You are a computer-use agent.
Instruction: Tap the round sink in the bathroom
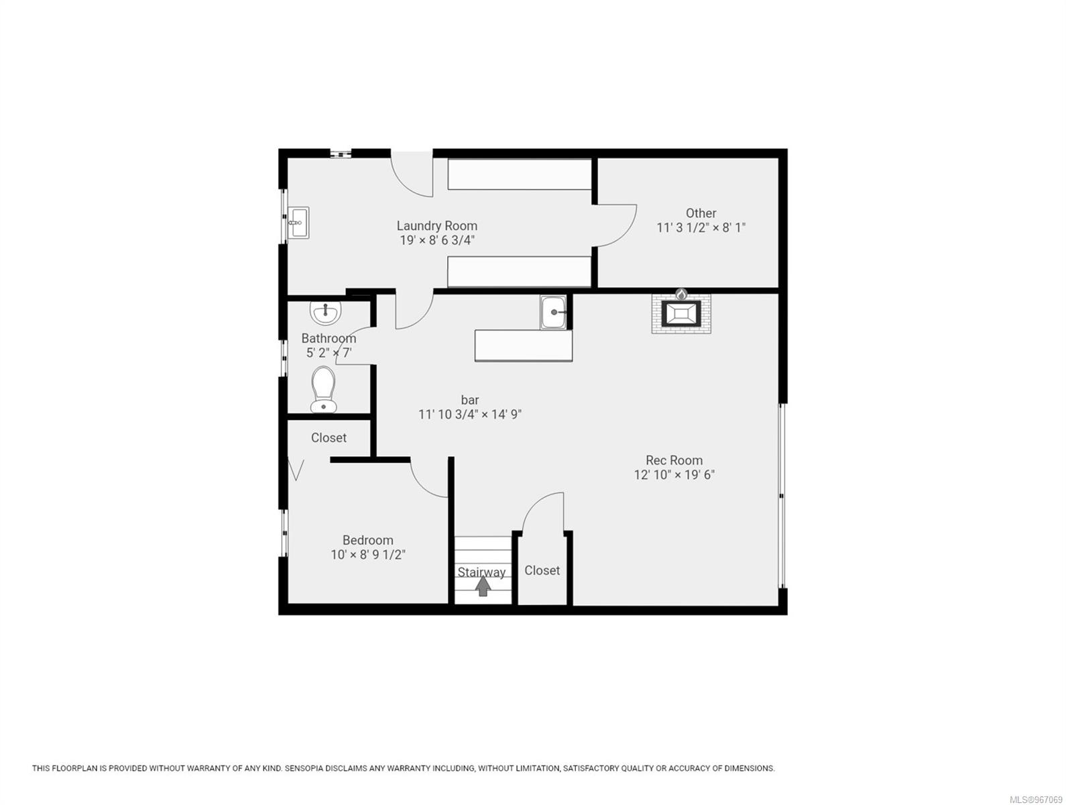point(326,311)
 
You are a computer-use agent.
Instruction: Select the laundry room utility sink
point(298,222)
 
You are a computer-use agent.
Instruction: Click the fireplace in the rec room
point(681,314)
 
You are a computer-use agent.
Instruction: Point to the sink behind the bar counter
point(554,312)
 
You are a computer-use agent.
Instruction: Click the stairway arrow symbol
point(483,587)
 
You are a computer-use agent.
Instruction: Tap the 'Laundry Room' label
point(436,226)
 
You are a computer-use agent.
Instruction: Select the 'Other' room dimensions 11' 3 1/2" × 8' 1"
point(701,227)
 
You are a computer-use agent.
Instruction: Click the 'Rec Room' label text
point(674,460)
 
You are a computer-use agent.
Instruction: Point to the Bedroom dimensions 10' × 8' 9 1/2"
point(368,555)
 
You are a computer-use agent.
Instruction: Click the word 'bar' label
point(470,400)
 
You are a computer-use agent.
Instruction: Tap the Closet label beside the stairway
point(542,570)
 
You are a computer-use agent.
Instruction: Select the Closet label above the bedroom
point(329,437)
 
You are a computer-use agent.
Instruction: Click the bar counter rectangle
point(523,345)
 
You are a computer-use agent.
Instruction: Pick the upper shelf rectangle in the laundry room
point(520,174)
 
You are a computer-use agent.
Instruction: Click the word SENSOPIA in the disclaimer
point(308,768)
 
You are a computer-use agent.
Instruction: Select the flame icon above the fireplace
point(681,294)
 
